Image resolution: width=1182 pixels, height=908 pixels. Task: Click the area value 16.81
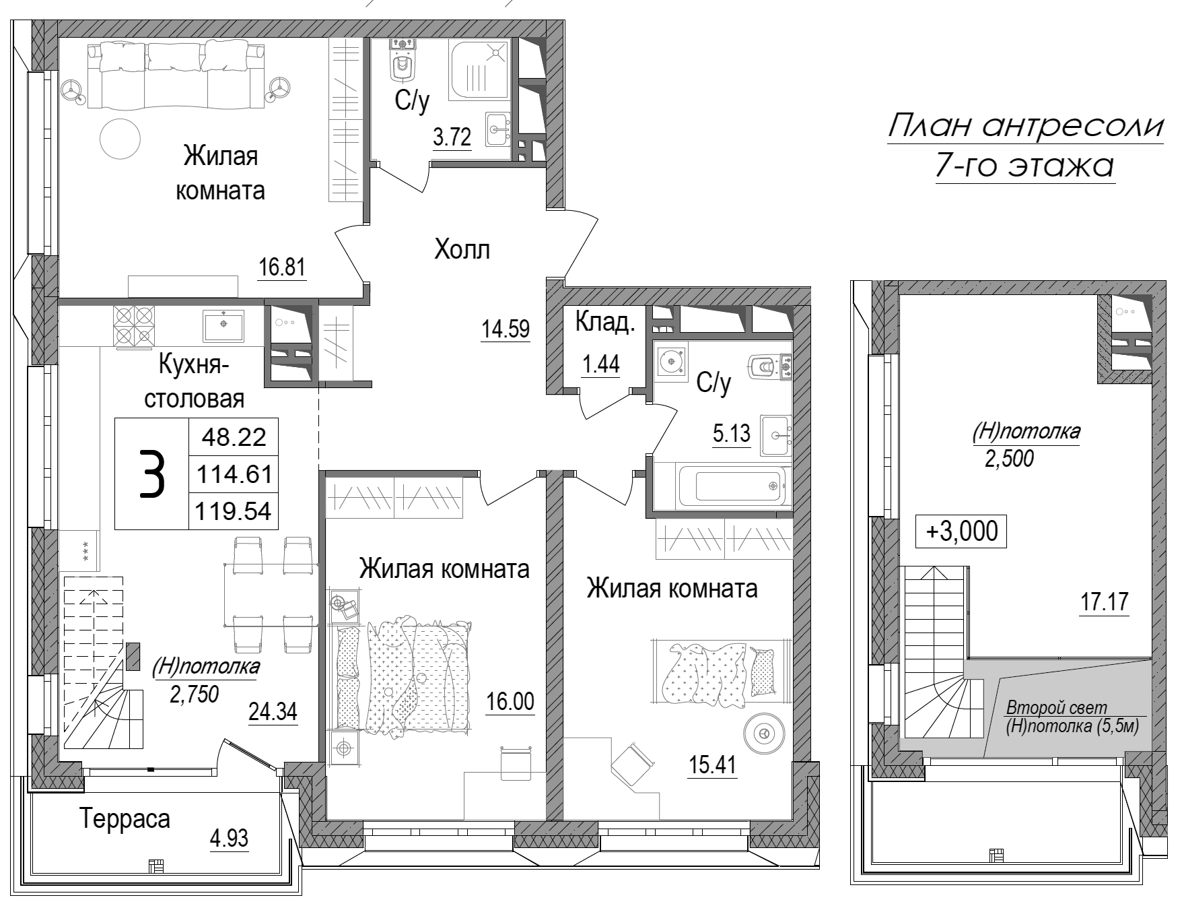[282, 268]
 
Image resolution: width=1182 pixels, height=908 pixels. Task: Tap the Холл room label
[462, 250]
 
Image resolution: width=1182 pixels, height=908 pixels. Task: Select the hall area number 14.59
[506, 330]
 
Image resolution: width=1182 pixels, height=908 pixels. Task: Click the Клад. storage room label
[604, 323]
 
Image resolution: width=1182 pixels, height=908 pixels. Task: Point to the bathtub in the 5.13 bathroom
[733, 485]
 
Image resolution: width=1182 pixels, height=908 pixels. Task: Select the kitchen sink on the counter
[223, 326]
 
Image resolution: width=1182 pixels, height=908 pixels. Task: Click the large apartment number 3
[151, 474]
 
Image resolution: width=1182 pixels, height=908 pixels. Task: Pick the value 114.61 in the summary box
[234, 475]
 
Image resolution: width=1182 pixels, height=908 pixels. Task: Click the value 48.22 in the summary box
[234, 437]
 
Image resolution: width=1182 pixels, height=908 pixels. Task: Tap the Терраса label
[125, 819]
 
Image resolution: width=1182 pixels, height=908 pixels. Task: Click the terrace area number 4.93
[229, 839]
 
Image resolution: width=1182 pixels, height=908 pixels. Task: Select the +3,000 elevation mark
[962, 531]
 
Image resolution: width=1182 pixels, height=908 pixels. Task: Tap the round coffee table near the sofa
[120, 138]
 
